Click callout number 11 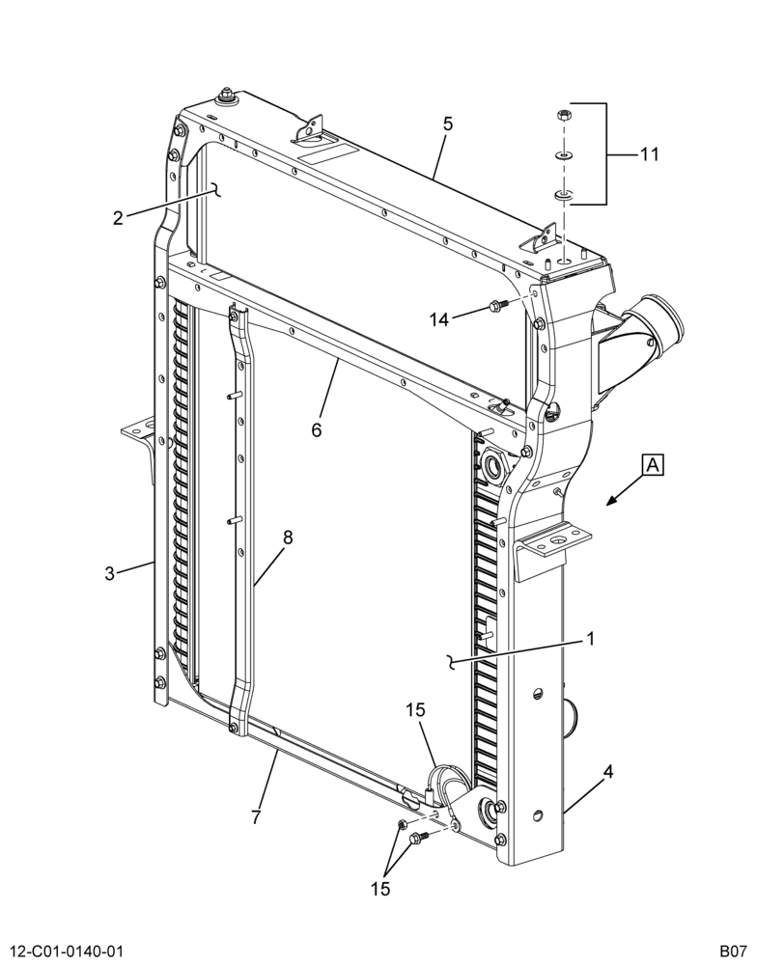pos(649,153)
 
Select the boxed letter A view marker pos(654,465)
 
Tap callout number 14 pos(439,319)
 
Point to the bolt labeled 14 pos(496,304)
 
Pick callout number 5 pos(448,124)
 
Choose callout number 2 pos(118,217)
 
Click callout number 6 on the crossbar pos(316,429)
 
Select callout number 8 pos(288,538)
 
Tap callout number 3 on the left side pos(110,574)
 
